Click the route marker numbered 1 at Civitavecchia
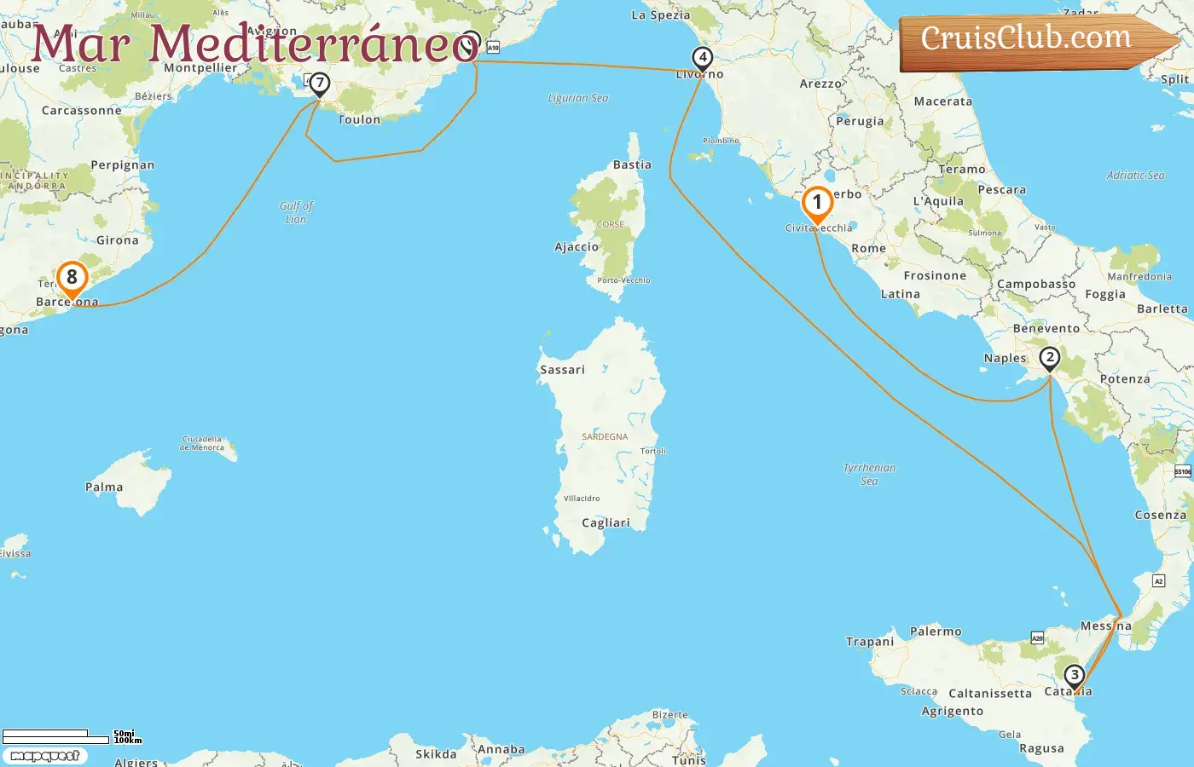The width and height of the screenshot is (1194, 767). [817, 204]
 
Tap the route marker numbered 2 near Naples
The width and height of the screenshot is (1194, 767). [1050, 358]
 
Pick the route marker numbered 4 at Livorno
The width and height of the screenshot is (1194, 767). [702, 58]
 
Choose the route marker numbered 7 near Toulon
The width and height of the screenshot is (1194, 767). [319, 84]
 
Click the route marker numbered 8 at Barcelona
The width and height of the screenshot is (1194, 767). [72, 278]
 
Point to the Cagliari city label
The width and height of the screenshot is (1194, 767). [606, 523]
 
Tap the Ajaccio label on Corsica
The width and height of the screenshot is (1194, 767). [577, 247]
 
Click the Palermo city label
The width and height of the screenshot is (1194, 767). [936, 631]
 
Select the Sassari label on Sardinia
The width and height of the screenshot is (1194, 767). [562, 370]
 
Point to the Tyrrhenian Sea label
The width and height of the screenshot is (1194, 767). [869, 474]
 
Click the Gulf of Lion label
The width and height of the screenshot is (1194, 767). [296, 212]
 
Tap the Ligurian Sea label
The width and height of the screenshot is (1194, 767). [578, 98]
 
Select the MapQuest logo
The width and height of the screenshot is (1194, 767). [44, 756]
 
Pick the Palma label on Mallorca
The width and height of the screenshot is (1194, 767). [104, 487]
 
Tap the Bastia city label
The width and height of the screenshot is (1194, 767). [632, 165]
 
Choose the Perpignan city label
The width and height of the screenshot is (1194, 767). [123, 165]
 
